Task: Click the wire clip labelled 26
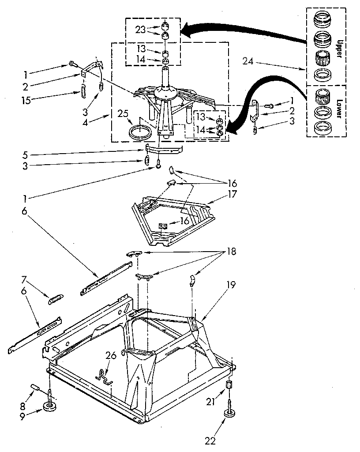(104, 376)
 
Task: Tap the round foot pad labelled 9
(49, 406)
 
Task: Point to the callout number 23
(140, 30)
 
